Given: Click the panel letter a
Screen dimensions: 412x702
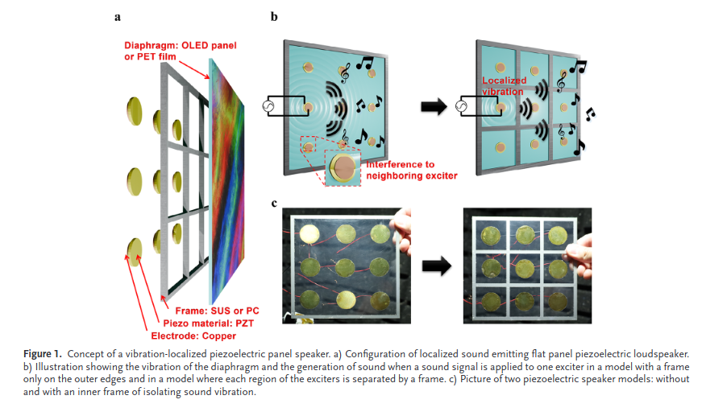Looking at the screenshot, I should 118,15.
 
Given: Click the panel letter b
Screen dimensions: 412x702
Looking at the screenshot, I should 274,15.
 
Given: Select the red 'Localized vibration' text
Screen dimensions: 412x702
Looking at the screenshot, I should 504,86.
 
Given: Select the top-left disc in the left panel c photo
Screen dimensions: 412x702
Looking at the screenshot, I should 308,234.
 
